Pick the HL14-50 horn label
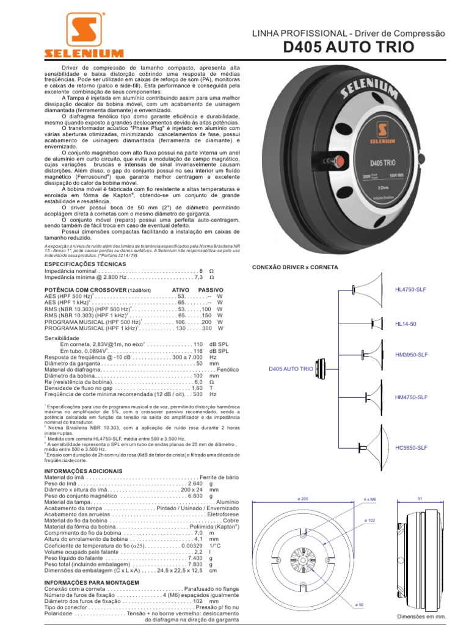click(x=405, y=323)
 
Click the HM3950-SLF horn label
click(x=411, y=355)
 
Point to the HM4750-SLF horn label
click(x=411, y=397)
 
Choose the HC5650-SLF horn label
click(x=411, y=448)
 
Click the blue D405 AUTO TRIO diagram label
click(x=291, y=369)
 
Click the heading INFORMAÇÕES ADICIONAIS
click(x=84, y=471)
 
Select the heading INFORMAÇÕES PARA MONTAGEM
click(x=88, y=582)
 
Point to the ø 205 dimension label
click(x=304, y=499)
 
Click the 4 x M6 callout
click(x=370, y=499)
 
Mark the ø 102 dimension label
click(x=369, y=520)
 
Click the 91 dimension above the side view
click(x=420, y=499)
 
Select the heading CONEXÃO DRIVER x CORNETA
click(x=295, y=267)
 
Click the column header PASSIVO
click(x=211, y=289)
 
